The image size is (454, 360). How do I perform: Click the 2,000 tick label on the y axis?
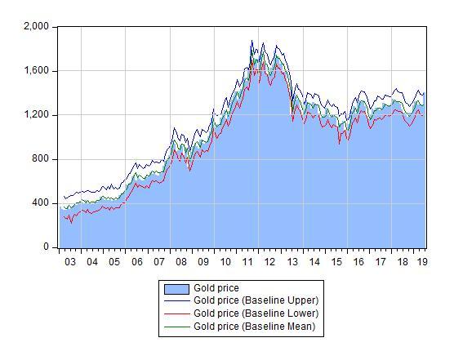37,27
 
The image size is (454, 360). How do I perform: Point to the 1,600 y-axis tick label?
37,71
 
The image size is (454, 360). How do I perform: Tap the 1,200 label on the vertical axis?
37,115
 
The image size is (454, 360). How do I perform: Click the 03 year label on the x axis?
70,262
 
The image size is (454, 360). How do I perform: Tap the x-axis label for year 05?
115,262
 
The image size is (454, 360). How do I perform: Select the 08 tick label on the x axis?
181,262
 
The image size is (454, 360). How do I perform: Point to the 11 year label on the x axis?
248,262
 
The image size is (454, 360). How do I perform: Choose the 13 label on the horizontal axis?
292,262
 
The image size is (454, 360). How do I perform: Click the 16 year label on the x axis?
358,262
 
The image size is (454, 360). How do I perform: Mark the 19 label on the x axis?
422,262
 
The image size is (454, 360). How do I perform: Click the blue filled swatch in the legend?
177,289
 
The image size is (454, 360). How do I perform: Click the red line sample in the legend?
177,313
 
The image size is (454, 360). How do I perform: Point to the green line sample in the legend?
177,327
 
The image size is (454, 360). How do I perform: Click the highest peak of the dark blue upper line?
251,41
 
